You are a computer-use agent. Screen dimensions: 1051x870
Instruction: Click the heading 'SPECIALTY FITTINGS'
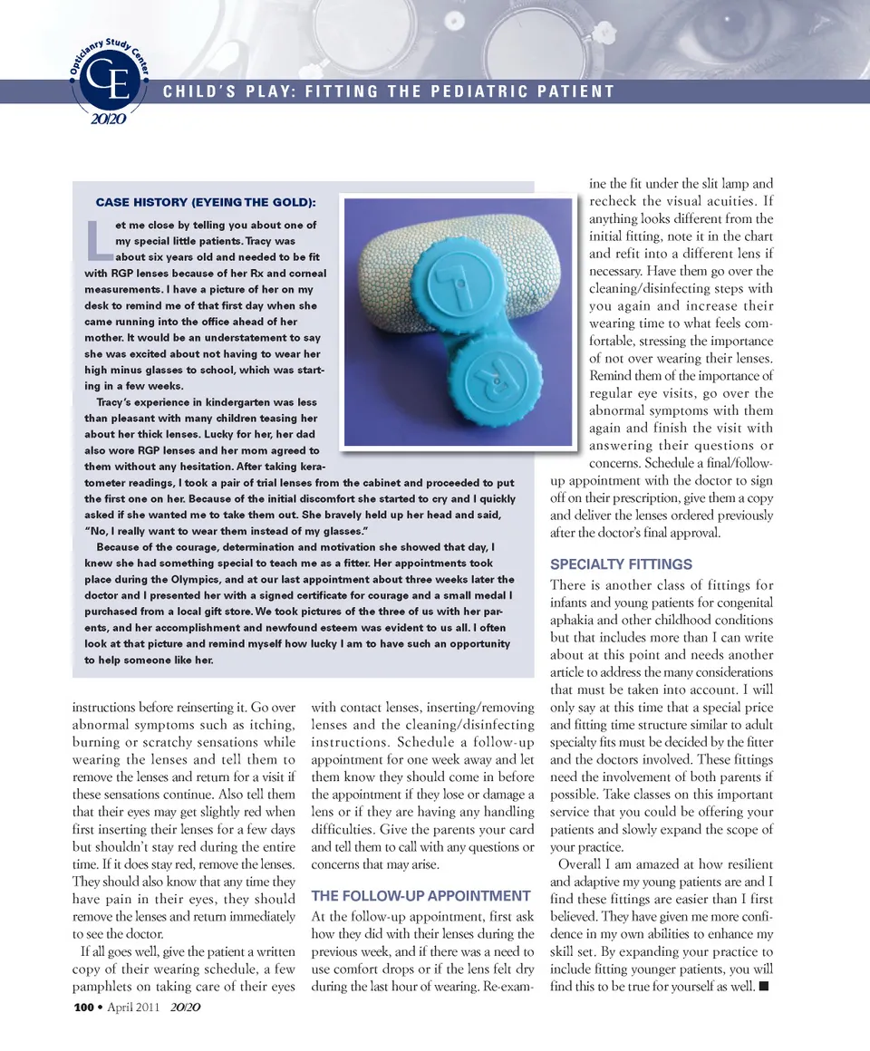pyautogui.click(x=622, y=564)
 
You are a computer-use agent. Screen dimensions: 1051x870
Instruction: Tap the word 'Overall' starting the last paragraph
pyautogui.click(x=585, y=861)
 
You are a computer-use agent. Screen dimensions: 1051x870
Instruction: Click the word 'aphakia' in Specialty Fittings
pyautogui.click(x=575, y=620)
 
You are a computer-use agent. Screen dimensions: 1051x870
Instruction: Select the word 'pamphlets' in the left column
pyautogui.click(x=101, y=986)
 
